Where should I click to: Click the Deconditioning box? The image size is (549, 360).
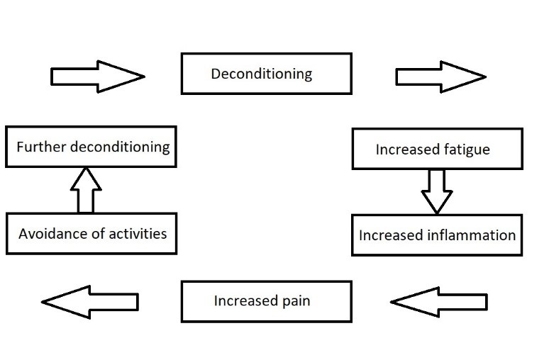point(266,74)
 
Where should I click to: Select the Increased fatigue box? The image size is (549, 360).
point(437,150)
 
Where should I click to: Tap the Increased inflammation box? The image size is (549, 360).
point(437,235)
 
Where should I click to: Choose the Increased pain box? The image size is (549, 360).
point(266,301)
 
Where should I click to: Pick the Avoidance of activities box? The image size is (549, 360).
point(91,233)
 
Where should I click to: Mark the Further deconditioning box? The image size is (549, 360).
point(91,147)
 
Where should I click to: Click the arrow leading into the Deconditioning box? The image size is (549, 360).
point(97,75)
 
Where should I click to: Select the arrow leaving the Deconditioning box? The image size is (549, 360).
point(440,75)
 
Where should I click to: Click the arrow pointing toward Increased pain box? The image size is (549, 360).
point(439,303)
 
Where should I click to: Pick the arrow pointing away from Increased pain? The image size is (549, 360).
point(90,303)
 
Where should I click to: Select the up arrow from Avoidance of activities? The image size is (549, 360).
point(86,190)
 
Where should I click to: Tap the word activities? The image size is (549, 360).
point(137,233)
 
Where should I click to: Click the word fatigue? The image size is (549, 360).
point(465,150)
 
